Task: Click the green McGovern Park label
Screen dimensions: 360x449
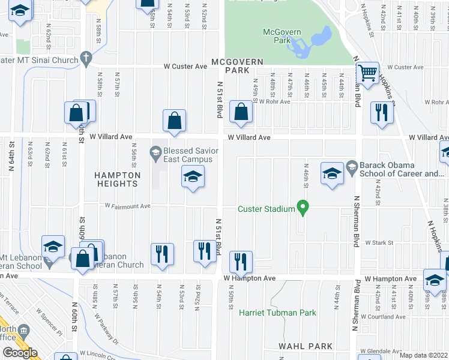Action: [x=277, y=35]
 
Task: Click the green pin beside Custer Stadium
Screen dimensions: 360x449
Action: [x=303, y=208]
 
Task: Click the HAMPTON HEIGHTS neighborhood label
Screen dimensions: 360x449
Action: [x=117, y=180]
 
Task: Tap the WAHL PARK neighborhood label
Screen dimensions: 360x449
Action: [x=306, y=346]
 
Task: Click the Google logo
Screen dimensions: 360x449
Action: [x=20, y=353]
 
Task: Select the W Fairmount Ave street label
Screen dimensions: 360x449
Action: [x=127, y=206]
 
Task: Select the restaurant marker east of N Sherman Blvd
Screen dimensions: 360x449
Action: [x=381, y=112]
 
